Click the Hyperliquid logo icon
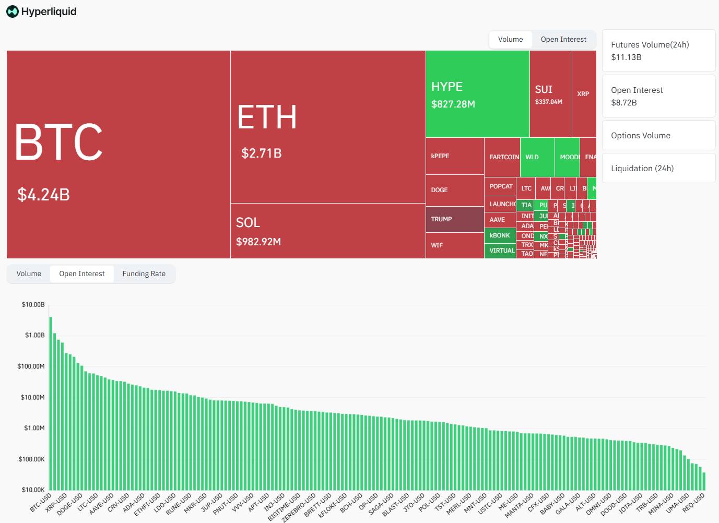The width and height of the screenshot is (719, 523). click(12, 11)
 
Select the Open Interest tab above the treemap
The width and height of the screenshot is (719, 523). click(563, 39)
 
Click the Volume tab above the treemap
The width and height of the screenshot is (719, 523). click(510, 39)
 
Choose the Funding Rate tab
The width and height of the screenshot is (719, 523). click(144, 274)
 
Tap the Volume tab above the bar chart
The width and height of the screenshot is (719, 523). click(29, 274)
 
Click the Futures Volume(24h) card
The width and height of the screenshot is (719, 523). click(658, 51)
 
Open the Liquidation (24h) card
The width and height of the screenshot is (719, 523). click(658, 168)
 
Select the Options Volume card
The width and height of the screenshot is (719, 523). click(658, 135)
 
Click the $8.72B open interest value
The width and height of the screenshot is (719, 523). click(624, 103)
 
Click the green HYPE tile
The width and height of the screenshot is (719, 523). click(477, 94)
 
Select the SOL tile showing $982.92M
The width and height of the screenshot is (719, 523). click(328, 231)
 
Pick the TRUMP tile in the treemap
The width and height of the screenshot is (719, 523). click(454, 219)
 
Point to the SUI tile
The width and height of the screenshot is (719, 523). click(550, 94)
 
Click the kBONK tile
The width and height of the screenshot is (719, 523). click(500, 235)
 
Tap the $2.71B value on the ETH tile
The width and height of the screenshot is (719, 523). click(261, 153)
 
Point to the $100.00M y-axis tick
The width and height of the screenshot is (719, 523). click(31, 366)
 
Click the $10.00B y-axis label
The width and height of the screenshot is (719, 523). click(33, 304)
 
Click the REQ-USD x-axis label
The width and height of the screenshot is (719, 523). click(694, 502)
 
